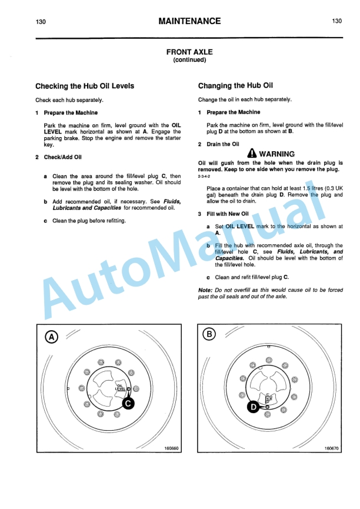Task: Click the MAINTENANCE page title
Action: coord(189,21)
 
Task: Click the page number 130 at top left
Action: coord(41,22)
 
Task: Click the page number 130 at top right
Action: coord(337,22)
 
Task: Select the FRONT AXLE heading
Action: coord(189,52)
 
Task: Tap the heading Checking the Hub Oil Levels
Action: coord(85,86)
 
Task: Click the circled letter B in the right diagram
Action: coord(209,335)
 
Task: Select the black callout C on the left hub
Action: coord(129,403)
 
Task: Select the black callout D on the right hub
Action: coord(251,407)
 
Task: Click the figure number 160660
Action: coord(171,448)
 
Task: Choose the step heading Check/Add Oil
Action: coord(62,157)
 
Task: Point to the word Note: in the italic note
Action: coord(205,291)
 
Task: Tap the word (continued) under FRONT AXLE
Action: coord(189,60)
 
